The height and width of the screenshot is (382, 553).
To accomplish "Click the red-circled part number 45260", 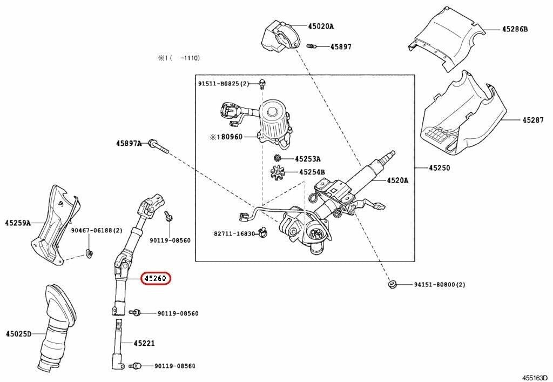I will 156,279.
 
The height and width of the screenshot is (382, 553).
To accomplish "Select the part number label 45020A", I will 321,26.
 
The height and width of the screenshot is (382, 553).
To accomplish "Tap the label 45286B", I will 514,29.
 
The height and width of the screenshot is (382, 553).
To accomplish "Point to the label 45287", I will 532,119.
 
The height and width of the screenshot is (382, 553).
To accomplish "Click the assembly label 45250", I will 439,168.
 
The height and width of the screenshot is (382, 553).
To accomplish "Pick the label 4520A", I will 397,180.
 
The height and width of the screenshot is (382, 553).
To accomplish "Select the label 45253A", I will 307,159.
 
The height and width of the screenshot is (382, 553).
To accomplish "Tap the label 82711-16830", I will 233,233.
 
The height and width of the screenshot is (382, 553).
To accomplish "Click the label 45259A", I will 18,223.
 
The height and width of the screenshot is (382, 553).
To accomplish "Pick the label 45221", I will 144,343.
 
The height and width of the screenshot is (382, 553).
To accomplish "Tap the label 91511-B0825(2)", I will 224,84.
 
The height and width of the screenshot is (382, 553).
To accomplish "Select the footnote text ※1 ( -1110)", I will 179,56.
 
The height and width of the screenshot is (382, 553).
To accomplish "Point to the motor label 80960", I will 230,137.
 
